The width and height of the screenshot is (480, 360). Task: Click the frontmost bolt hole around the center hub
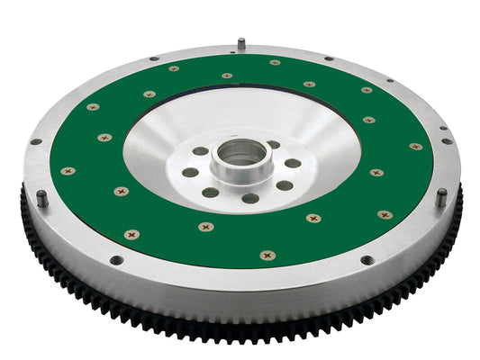click(250, 197)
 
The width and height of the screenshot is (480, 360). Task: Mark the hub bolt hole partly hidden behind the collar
click(273, 145)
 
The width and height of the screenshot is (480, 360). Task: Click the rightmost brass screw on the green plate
click(415, 146)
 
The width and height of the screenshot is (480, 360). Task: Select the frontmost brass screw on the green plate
click(267, 255)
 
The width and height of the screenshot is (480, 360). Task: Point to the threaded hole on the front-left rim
click(116, 260)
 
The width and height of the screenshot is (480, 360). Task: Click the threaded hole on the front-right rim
click(367, 260)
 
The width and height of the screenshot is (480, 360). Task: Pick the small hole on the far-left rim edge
click(35, 141)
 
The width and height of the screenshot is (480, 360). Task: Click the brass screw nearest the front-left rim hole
click(131, 234)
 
